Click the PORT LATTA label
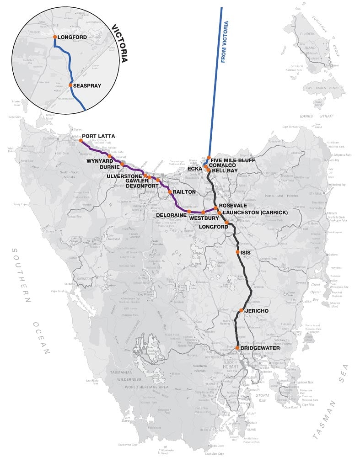(98, 136)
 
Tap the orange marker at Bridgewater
(238, 348)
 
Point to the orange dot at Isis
(237, 252)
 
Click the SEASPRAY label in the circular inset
(88, 85)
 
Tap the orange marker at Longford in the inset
(55, 37)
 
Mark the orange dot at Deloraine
(189, 212)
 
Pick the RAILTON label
(184, 192)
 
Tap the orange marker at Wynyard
(110, 156)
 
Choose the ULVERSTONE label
(124, 176)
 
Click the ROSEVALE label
(233, 206)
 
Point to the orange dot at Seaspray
(70, 85)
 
